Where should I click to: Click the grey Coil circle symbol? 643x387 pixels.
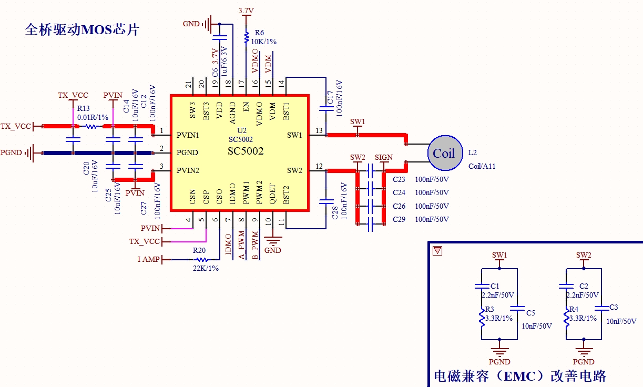445,152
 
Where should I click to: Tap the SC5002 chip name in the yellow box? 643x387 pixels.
246,151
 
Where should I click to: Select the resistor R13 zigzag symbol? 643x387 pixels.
91,126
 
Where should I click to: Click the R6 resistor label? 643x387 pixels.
259,33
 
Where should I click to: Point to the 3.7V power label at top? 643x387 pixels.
246,11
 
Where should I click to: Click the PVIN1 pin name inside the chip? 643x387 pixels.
188,135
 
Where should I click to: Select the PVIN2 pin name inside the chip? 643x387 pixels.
188,170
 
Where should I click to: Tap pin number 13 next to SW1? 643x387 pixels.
319,130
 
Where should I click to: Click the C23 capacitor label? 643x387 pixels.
399,179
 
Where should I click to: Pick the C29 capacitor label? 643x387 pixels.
399,219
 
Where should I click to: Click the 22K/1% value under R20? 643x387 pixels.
206,268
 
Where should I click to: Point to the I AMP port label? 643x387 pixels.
148,259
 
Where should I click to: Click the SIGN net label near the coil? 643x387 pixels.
383,157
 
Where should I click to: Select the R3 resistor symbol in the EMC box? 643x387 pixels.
482,317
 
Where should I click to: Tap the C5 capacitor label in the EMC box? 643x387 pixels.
530,313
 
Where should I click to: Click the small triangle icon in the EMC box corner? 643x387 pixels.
437,251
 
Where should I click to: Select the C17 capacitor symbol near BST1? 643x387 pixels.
326,108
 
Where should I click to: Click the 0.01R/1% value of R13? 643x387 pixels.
93,117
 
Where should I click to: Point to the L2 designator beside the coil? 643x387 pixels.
473,152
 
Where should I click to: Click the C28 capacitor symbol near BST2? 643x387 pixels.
326,201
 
